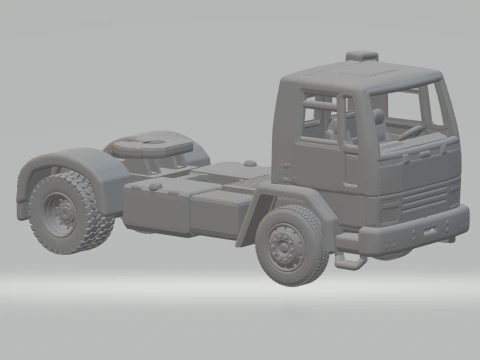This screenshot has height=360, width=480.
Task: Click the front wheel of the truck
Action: pos(291,245)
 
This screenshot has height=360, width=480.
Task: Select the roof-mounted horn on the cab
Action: pos(361,56)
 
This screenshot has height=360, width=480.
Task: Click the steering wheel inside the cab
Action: pos(411,130)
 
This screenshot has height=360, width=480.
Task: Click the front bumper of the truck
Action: pos(415,229)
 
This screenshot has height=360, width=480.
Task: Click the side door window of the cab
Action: pos(318,116)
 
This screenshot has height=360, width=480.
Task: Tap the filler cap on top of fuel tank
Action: pos(155,185)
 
